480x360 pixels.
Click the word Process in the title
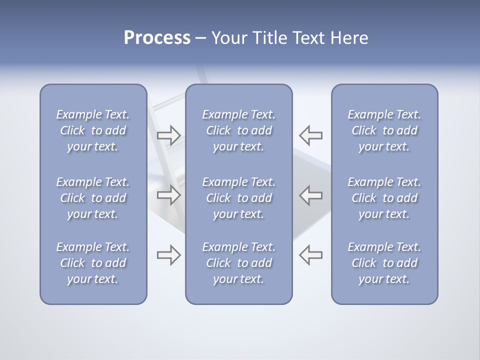click(x=157, y=38)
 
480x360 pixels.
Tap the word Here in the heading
click(x=348, y=38)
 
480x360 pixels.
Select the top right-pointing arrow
click(x=168, y=135)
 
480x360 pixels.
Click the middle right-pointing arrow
click(x=168, y=194)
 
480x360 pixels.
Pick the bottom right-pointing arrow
click(x=168, y=255)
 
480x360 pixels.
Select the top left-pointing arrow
click(x=311, y=135)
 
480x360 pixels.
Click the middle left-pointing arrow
click(x=311, y=194)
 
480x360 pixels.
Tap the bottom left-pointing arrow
click(x=311, y=255)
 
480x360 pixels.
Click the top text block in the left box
click(x=93, y=130)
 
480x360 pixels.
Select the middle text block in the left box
click(x=93, y=198)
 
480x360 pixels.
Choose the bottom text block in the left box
click(x=93, y=263)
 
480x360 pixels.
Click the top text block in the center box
click(x=239, y=130)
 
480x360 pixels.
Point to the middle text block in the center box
click(x=239, y=198)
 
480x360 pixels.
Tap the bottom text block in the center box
click(x=239, y=263)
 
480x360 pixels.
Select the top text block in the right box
click(x=384, y=130)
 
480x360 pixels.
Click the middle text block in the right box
click(x=384, y=198)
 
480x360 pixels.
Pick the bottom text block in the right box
click(x=384, y=263)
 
